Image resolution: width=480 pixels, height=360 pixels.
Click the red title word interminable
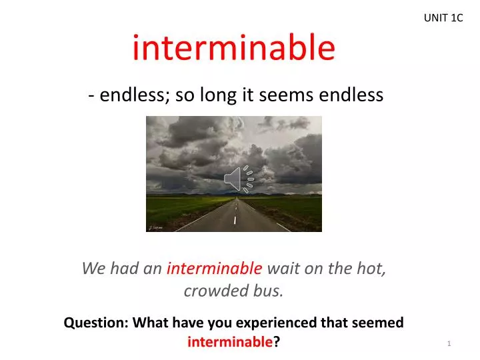(233, 48)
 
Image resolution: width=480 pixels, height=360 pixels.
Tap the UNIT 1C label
(443, 18)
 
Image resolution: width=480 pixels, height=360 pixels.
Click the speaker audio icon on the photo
(239, 178)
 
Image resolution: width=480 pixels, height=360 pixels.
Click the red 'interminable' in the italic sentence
(214, 269)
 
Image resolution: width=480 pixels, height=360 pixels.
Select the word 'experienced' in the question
(269, 323)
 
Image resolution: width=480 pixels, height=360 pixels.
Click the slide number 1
(450, 343)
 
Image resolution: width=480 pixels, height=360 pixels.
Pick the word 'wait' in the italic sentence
(281, 269)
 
